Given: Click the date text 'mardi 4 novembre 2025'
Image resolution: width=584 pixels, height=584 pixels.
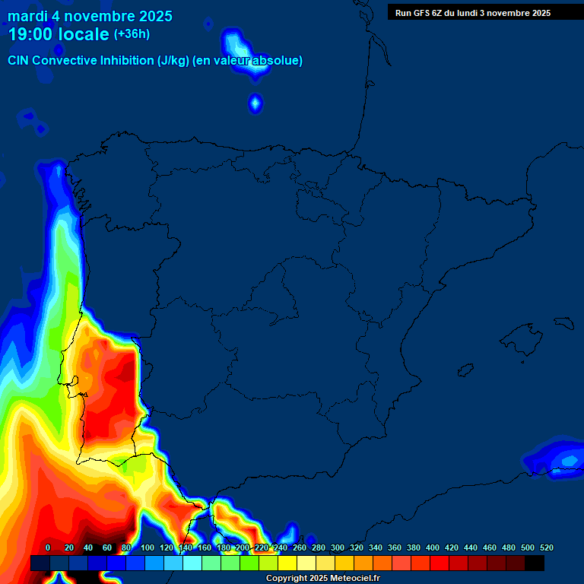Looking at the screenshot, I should tap(90, 16).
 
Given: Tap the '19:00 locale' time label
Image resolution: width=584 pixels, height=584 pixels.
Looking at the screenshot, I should tap(59, 34).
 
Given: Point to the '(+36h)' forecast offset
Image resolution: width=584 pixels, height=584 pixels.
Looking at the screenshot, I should tap(132, 34).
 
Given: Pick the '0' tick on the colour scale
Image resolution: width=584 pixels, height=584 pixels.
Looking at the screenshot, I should tap(48, 547).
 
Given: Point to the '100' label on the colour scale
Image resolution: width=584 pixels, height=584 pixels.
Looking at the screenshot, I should tap(148, 547).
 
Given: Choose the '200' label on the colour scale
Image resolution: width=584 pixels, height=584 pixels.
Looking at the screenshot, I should tap(243, 547).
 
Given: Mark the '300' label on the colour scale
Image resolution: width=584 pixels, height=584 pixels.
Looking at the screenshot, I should tap(338, 547).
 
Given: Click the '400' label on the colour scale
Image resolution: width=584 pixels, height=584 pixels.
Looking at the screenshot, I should tap(433, 547).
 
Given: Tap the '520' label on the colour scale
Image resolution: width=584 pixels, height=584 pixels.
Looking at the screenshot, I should tap(546, 547).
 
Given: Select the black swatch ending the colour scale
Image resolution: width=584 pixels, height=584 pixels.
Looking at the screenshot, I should tap(535, 563).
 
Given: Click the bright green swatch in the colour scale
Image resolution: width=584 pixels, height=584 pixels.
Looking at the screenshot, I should tap(249, 563).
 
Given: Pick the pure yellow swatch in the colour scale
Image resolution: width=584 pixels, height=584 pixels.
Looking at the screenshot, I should tap(287, 563).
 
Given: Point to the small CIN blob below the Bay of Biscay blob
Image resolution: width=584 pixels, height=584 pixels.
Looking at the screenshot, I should tap(255, 103).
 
